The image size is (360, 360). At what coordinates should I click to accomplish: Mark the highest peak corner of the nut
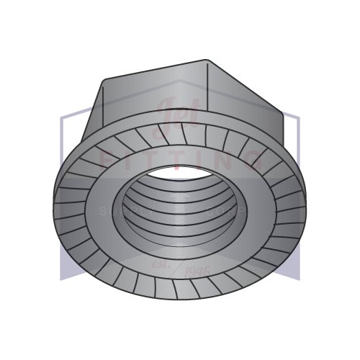(x=206, y=60)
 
